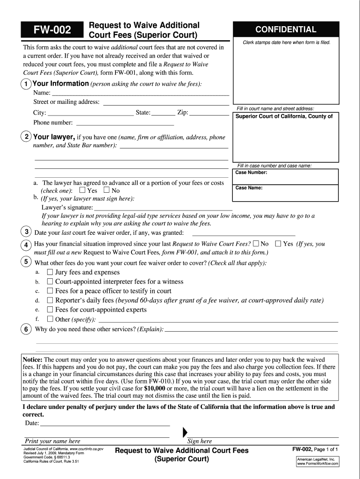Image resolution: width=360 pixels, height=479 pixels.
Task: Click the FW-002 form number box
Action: pos(51,31)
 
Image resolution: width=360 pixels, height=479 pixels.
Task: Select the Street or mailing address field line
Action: pos(166,102)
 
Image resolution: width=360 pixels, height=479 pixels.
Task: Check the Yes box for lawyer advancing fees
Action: pos(83,191)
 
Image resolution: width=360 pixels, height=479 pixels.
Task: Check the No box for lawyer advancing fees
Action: pos(107,191)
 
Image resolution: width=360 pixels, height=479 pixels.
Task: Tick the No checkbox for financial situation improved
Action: pos(256,244)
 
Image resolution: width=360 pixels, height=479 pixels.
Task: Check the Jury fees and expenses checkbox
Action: pos(50,272)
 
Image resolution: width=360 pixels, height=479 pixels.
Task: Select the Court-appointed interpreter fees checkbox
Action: pos(50,282)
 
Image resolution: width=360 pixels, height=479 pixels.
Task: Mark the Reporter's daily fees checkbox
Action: pos(50,300)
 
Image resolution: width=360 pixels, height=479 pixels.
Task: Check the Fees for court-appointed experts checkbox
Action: pos(50,310)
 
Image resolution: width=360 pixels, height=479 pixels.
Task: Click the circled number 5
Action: pos(27,262)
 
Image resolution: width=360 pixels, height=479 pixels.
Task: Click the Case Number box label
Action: pos(252,173)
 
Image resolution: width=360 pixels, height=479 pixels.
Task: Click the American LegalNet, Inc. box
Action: pos(317,462)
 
